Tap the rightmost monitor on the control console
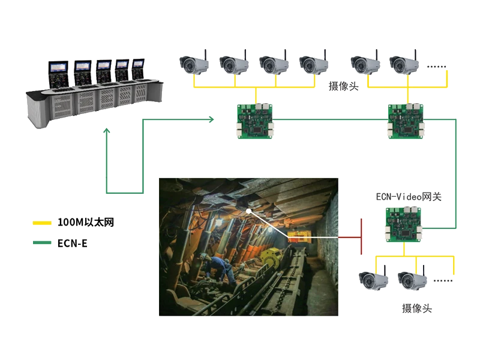[x=138, y=70]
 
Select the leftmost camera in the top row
[x=193, y=64]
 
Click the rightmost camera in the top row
[x=404, y=64]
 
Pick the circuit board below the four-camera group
[x=256, y=120]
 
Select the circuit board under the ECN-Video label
[x=403, y=224]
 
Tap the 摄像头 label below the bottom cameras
[x=415, y=309]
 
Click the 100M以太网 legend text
[x=86, y=223]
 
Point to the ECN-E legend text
[x=73, y=243]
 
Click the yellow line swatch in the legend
[x=41, y=223]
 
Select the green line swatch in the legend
[x=41, y=243]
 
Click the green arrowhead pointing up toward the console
[x=106, y=130]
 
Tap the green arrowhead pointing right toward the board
[x=211, y=120]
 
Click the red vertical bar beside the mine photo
[x=362, y=236]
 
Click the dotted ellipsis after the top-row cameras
[x=436, y=65]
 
